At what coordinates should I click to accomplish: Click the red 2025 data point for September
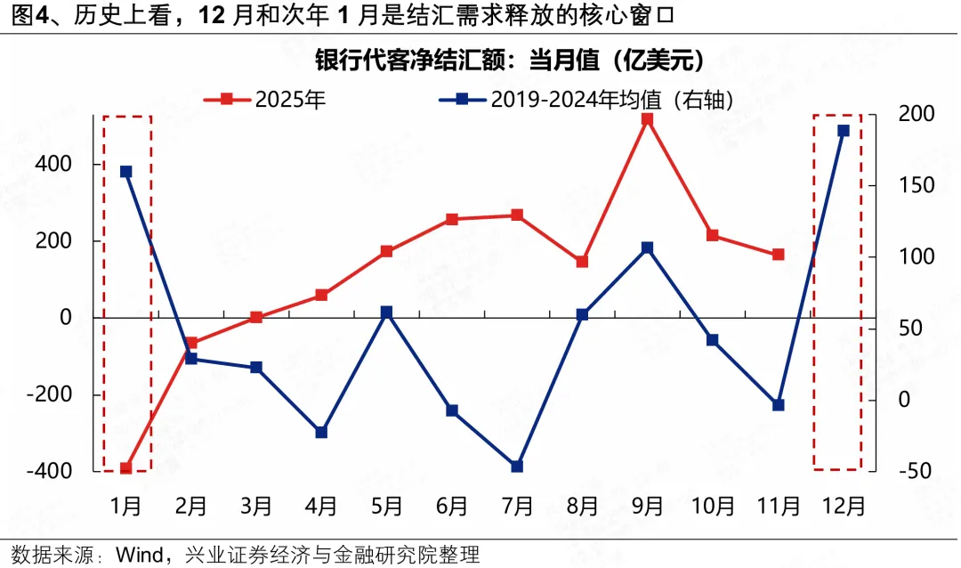click(x=648, y=118)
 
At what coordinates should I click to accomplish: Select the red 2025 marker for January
click(x=125, y=468)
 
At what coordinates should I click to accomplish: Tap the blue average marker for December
click(x=844, y=131)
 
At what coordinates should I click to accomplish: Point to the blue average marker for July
click(x=517, y=466)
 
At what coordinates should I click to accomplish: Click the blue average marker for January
click(x=125, y=172)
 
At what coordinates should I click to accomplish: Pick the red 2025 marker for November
click(x=779, y=255)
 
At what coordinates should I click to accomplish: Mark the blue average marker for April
click(x=321, y=432)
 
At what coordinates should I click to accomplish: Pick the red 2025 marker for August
click(x=583, y=262)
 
